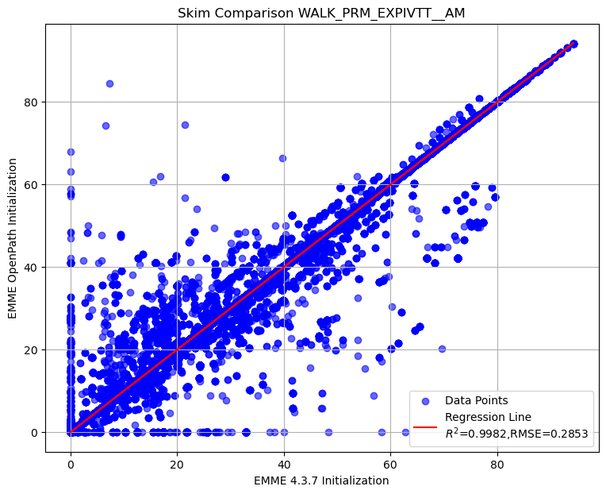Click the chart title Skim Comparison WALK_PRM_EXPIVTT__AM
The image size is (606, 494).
coord(321,13)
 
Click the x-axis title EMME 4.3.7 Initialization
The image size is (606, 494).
coord(321,480)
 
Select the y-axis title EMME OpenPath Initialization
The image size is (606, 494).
coord(13,238)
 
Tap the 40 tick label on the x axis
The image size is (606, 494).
coord(283,461)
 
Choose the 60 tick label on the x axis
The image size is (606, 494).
coord(390,461)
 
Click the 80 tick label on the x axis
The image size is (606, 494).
coord(497,461)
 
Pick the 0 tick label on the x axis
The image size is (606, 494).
coord(71,461)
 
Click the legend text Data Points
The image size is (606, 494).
coord(476,400)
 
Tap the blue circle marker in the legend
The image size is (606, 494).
coord(426,400)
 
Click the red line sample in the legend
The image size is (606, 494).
coord(426,426)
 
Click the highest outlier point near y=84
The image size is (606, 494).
coord(109,83)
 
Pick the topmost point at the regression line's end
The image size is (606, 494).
coord(573,44)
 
